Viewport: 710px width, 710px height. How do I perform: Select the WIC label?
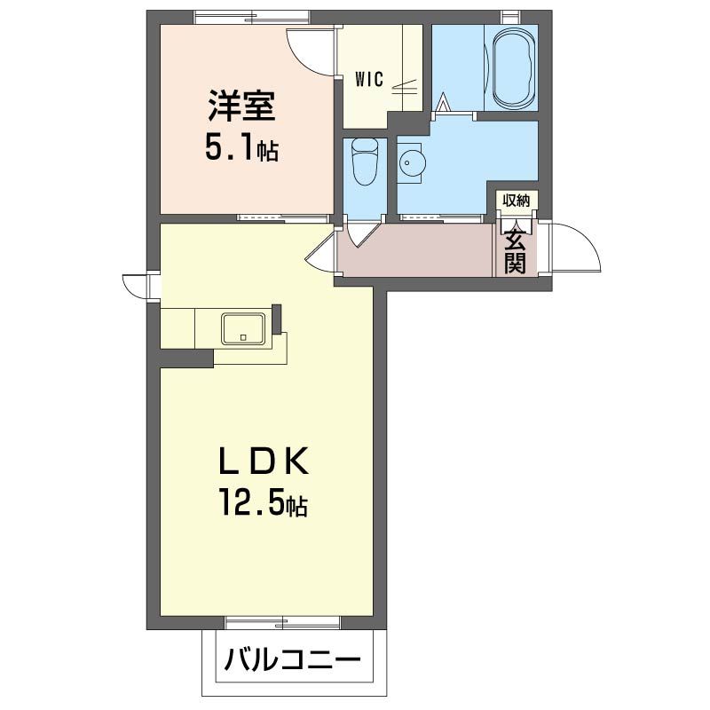click(369, 79)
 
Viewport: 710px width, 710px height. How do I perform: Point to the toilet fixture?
click(363, 163)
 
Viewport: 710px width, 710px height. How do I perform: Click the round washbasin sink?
click(409, 163)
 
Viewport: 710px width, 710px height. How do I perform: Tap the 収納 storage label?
click(517, 201)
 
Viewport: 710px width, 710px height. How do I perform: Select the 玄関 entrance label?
click(517, 248)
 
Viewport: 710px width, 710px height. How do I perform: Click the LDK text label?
click(264, 461)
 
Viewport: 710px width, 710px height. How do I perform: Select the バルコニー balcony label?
click(292, 661)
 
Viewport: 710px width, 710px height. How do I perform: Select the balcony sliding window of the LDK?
click(282, 621)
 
